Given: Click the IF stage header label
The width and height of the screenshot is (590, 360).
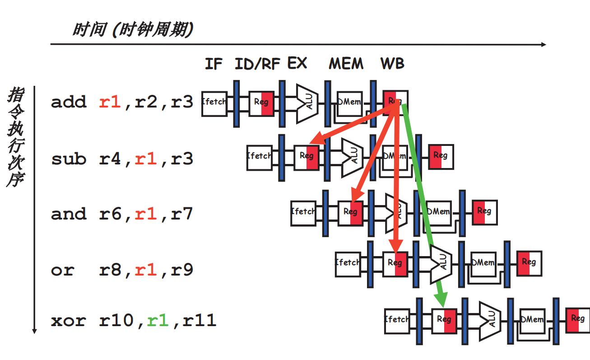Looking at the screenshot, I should [214, 64].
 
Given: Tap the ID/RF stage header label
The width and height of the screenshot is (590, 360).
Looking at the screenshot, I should [257, 64].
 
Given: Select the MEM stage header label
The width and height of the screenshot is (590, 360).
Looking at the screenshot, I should [346, 64].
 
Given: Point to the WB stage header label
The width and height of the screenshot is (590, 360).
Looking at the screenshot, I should [392, 64].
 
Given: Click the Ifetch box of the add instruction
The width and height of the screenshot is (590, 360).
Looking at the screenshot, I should [214, 103].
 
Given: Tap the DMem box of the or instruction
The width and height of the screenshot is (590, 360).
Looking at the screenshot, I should [483, 263].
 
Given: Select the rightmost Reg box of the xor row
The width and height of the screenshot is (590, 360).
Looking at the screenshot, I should [578, 319].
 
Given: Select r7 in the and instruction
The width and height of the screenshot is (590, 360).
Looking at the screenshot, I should [182, 213].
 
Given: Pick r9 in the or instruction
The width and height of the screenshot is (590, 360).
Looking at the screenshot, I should [182, 270].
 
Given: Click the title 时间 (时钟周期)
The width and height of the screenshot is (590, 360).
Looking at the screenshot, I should [133, 30].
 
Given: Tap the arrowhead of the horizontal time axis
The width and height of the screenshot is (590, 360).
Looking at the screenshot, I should [543, 44].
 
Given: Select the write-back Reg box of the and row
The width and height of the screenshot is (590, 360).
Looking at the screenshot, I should [484, 212].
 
